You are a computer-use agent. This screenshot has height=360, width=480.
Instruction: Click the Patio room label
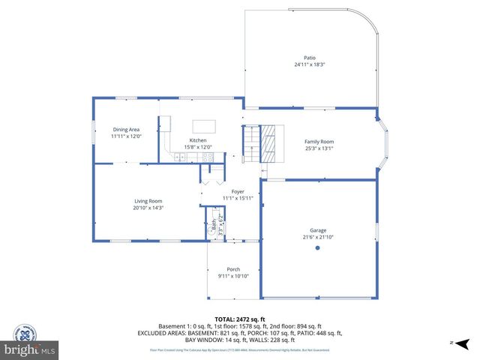point(309,57)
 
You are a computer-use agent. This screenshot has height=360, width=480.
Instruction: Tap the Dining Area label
point(127,129)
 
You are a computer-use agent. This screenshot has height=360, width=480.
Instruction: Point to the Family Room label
point(319,141)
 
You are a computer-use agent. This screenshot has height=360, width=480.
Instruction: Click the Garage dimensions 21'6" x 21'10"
point(317,237)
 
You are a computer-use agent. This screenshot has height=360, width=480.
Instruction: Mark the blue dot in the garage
point(317,247)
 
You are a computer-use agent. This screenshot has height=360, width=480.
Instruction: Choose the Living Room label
point(148,200)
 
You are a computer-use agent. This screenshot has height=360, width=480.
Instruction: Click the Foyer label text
point(238,191)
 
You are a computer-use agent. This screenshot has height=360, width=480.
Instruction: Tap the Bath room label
point(214,223)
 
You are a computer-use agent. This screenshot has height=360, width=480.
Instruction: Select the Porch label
point(233,269)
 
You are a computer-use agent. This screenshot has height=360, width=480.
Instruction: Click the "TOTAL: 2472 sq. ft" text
point(240,319)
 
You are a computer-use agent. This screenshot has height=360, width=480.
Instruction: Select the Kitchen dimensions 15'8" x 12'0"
point(198,147)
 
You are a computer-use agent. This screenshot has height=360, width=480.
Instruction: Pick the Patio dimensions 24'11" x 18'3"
point(309,64)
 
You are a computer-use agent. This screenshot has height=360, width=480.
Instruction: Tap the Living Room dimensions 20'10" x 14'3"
point(148,208)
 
